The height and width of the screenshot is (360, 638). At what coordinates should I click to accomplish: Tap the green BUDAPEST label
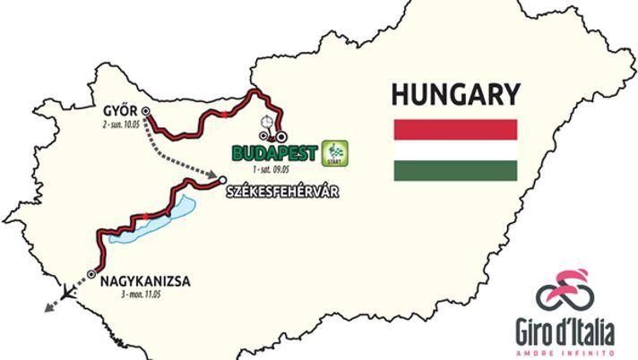(x=274, y=153)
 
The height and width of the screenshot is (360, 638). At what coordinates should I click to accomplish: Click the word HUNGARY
(x=455, y=94)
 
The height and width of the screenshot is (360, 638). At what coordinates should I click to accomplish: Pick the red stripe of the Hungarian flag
(x=455, y=129)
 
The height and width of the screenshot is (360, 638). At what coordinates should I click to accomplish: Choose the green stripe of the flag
(x=455, y=170)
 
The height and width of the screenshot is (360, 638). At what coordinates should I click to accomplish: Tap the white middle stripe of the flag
(x=455, y=150)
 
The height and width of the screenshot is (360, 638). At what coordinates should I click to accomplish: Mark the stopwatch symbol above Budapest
(x=265, y=122)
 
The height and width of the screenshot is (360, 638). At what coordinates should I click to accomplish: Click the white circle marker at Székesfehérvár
(x=222, y=182)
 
